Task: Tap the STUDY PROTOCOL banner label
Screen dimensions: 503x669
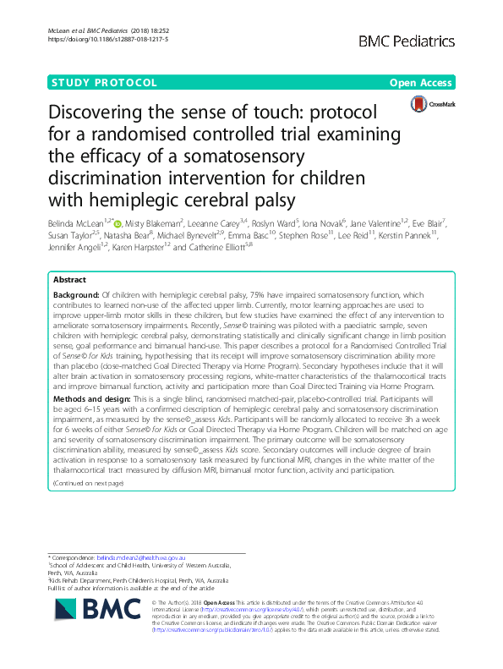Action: tap(104, 83)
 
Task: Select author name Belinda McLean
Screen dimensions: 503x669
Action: tap(74, 222)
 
